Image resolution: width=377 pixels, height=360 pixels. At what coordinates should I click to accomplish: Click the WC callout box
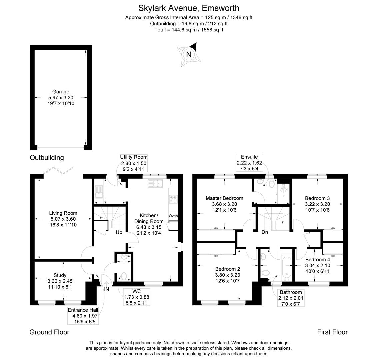point(137,297)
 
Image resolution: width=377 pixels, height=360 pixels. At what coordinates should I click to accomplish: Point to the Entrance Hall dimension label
point(83,316)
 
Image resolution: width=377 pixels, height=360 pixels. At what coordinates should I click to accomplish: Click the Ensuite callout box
point(249,163)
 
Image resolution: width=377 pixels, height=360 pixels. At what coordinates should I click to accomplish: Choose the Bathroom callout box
point(291,298)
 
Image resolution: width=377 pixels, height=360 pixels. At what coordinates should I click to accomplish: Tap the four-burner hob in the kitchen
point(173,199)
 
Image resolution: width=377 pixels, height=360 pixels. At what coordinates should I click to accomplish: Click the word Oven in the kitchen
point(173,216)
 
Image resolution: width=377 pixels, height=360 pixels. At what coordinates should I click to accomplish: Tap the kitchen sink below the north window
point(155,183)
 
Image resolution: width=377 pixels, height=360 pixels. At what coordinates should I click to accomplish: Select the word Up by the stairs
point(119,232)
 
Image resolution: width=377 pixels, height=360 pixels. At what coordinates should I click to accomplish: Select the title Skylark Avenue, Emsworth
point(189,8)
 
